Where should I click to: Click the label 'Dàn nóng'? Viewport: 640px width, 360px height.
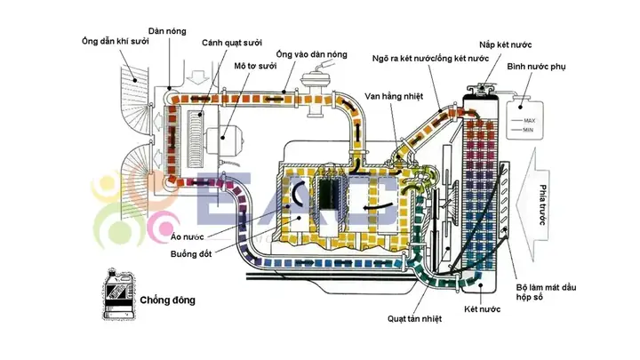click(167, 31)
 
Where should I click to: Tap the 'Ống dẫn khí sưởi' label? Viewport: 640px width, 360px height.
click(115, 41)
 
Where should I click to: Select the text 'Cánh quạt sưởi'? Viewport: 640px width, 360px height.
click(232, 43)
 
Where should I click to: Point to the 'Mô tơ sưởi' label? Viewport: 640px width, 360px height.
click(255, 66)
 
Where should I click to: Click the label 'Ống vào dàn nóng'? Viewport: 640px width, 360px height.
click(311, 54)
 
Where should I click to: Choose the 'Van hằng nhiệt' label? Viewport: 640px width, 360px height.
click(394, 97)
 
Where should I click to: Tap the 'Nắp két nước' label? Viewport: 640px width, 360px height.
click(505, 45)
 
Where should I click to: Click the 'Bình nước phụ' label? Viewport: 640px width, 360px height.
click(536, 67)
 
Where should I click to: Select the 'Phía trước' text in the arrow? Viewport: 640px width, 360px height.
click(542, 204)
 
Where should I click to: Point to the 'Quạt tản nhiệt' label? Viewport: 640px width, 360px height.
click(414, 319)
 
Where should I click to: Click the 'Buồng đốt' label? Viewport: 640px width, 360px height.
click(191, 254)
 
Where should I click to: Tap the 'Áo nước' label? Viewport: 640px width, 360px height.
click(188, 236)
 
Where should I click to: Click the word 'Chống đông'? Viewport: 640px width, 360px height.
click(167, 300)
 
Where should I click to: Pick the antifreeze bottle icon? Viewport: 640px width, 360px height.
click(118, 294)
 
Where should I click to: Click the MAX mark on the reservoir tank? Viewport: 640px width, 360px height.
click(529, 120)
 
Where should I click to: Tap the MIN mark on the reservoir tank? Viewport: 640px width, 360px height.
click(528, 130)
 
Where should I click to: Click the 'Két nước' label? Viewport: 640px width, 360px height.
click(482, 309)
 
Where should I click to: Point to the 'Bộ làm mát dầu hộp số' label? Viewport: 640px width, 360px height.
click(546, 292)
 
